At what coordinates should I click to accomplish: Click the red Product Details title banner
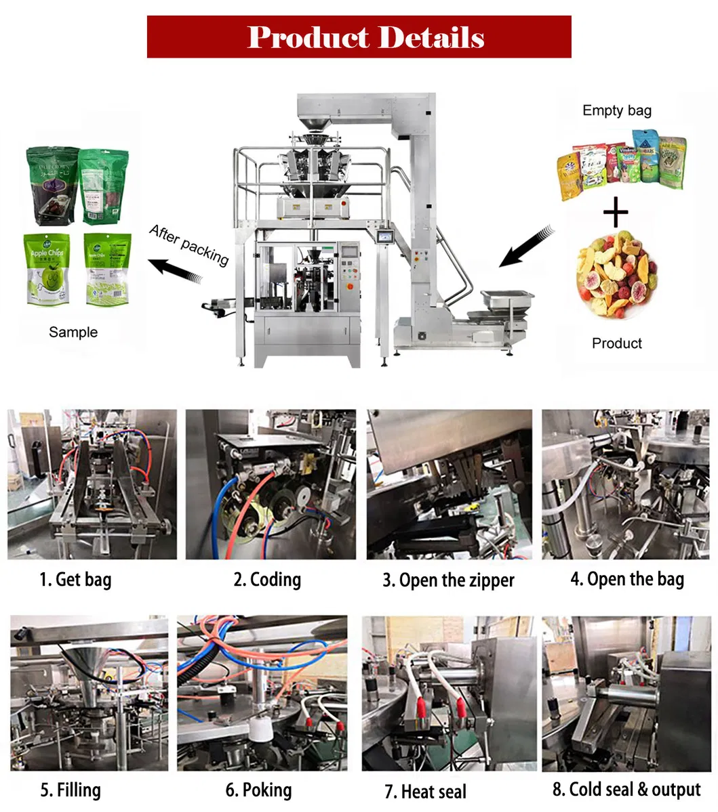point(359,37)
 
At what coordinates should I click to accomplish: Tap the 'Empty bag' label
point(616,110)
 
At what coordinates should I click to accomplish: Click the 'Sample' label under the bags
point(73,332)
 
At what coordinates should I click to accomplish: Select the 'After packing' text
point(189,244)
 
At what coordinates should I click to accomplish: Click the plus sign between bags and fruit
point(616,214)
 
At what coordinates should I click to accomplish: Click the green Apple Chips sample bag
point(47,269)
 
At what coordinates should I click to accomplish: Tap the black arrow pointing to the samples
point(176,271)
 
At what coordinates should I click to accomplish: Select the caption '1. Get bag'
point(75,580)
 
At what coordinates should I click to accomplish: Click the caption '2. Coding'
point(267,580)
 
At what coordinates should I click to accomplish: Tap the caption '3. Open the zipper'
point(448,580)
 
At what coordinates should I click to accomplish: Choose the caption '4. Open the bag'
point(627,579)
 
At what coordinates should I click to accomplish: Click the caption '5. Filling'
point(71,790)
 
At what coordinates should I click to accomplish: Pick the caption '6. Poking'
point(258,790)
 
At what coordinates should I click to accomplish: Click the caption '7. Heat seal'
point(425,791)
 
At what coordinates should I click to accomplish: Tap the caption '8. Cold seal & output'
point(626,790)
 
